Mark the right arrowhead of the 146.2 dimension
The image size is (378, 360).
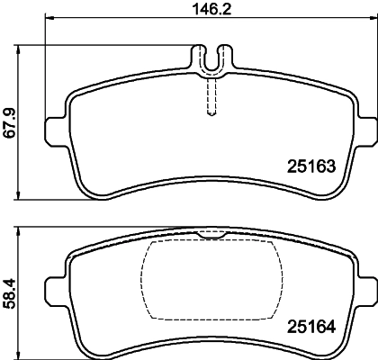click(368, 20)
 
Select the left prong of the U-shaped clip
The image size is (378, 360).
click(200, 58)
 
